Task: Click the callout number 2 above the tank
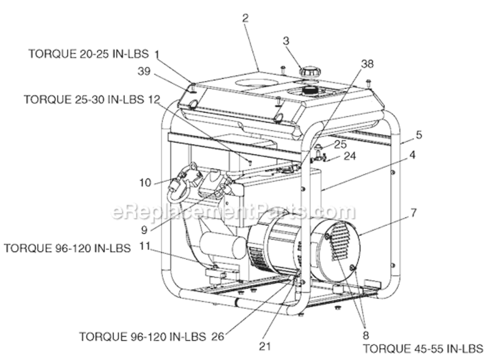point(245,18)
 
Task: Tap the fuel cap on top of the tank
point(310,72)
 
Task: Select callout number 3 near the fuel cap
point(286,41)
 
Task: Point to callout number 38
point(367,63)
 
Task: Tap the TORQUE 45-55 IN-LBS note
point(422,348)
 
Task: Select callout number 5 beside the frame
point(419,135)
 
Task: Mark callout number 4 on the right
point(412,155)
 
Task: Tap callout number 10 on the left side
point(145,183)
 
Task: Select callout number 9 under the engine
point(145,229)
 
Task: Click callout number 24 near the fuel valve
point(350,156)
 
